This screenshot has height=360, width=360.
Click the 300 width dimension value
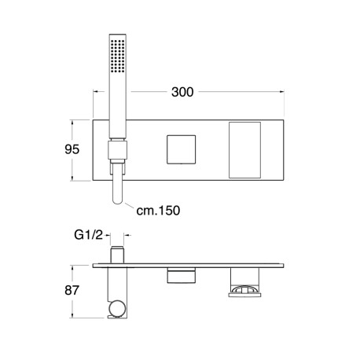click(182, 92)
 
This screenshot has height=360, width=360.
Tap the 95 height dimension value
click(72, 149)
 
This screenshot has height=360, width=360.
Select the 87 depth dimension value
click(72, 290)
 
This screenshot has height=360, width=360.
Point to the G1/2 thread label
click(89, 235)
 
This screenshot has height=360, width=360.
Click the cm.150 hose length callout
click(158, 211)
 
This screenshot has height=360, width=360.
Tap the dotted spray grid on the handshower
click(117, 56)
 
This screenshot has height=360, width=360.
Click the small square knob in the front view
click(182, 149)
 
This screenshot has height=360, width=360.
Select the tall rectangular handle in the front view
click(244, 150)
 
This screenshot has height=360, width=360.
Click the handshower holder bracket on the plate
click(117, 150)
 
